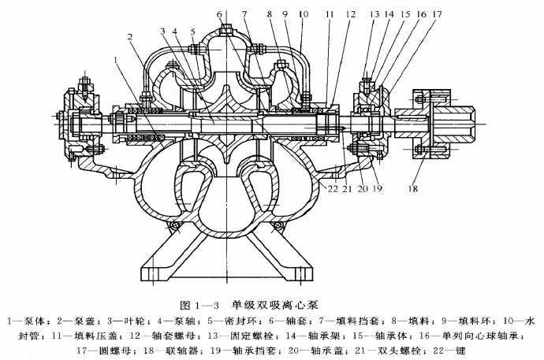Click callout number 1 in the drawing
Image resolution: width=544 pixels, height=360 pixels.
pyautogui.click(x=116, y=58)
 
